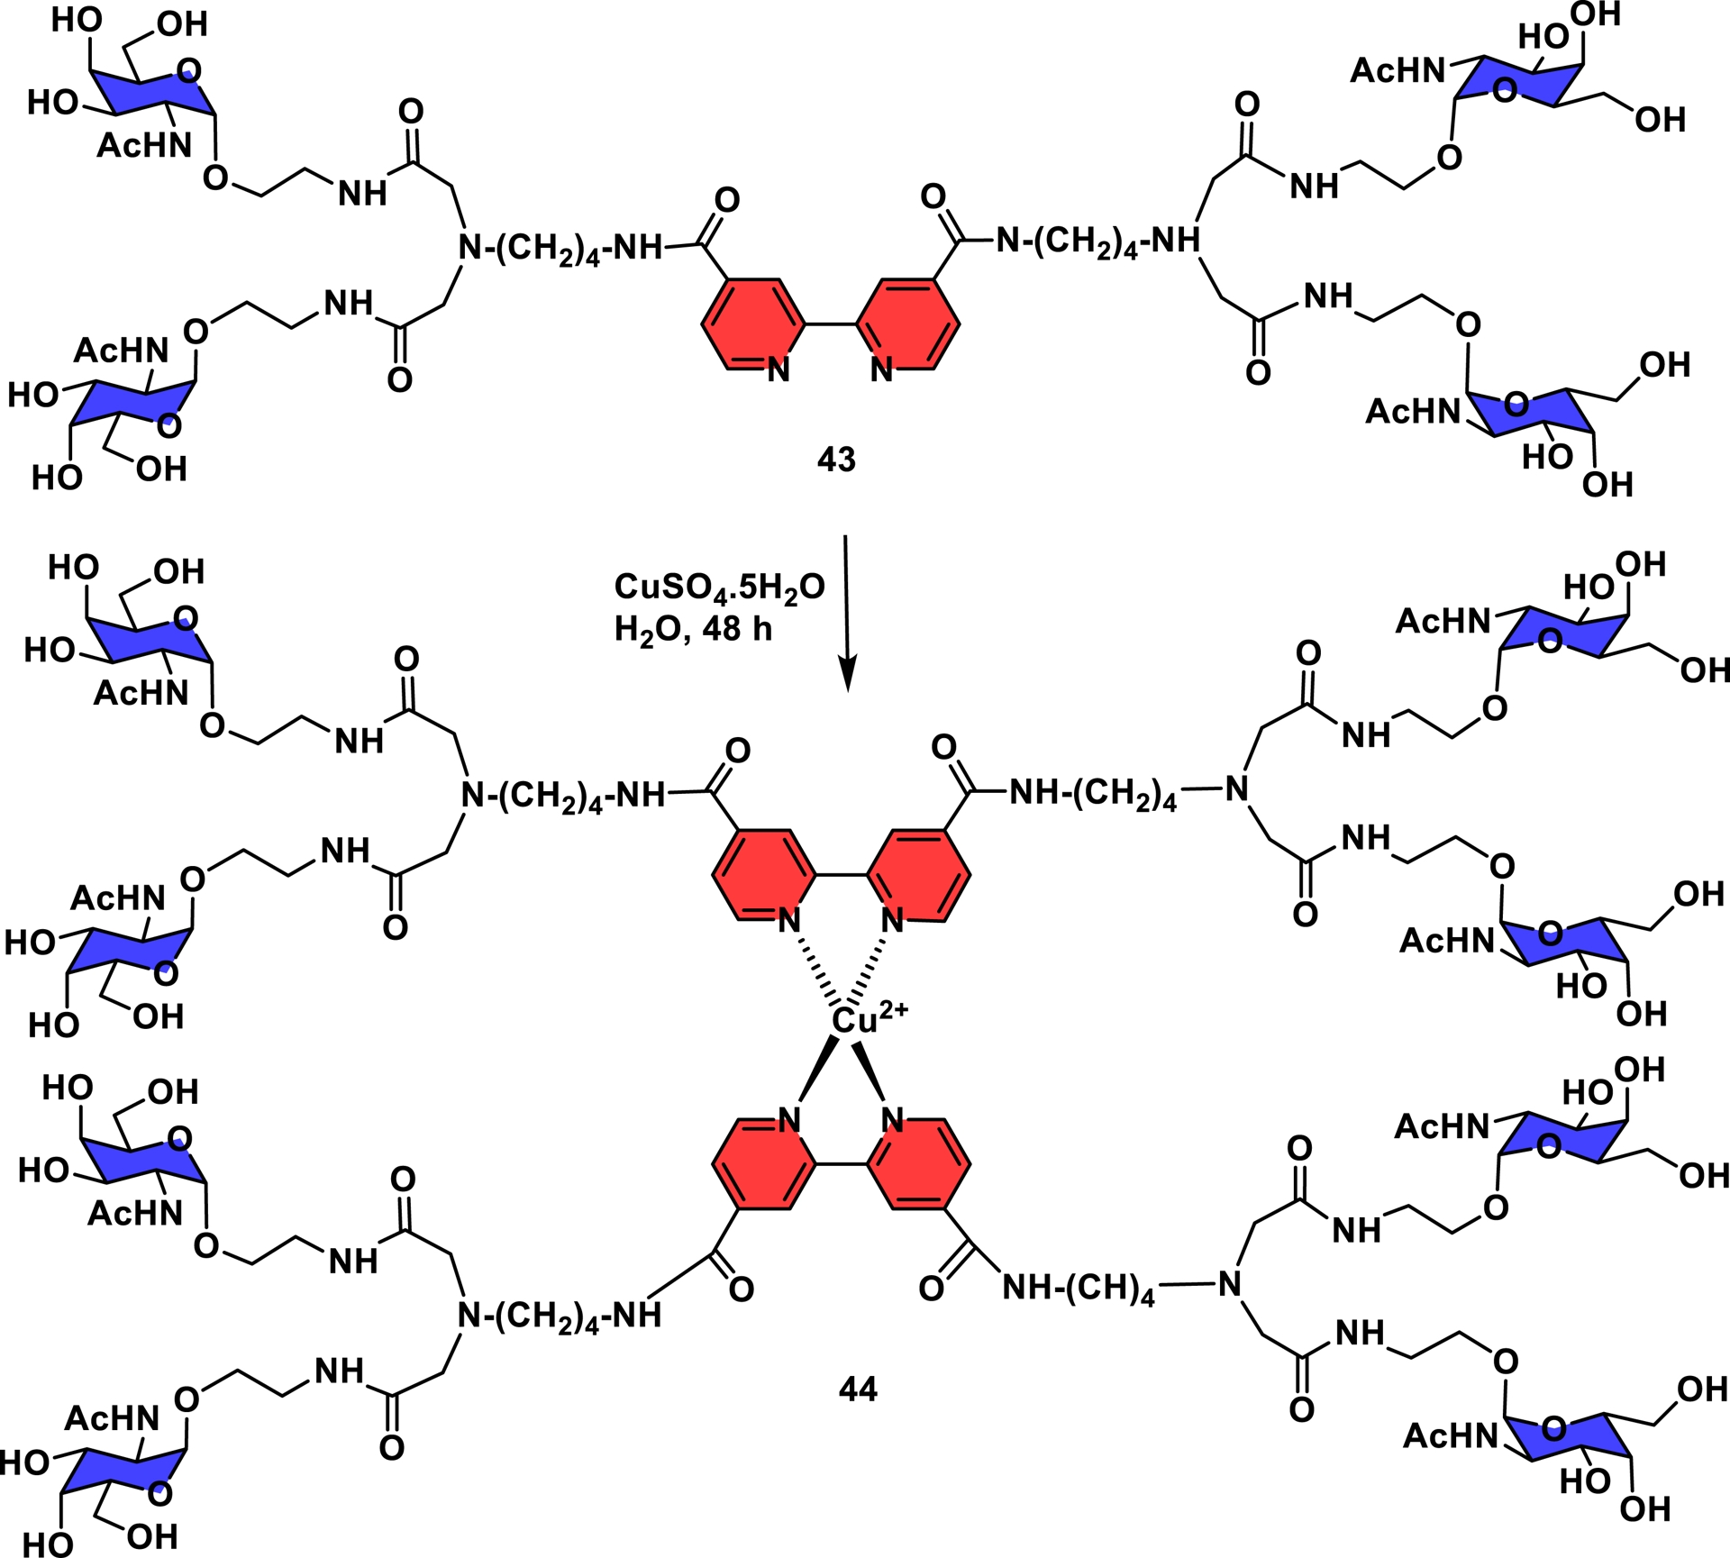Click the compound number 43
tap(835, 460)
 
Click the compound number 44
tap(857, 1389)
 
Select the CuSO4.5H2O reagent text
tap(719, 588)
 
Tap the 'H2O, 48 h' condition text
tap(693, 628)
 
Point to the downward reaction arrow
tap(846, 613)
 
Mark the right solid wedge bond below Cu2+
tap(871, 1072)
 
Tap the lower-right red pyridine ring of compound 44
tap(919, 1164)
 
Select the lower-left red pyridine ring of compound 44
tap(764, 1164)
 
